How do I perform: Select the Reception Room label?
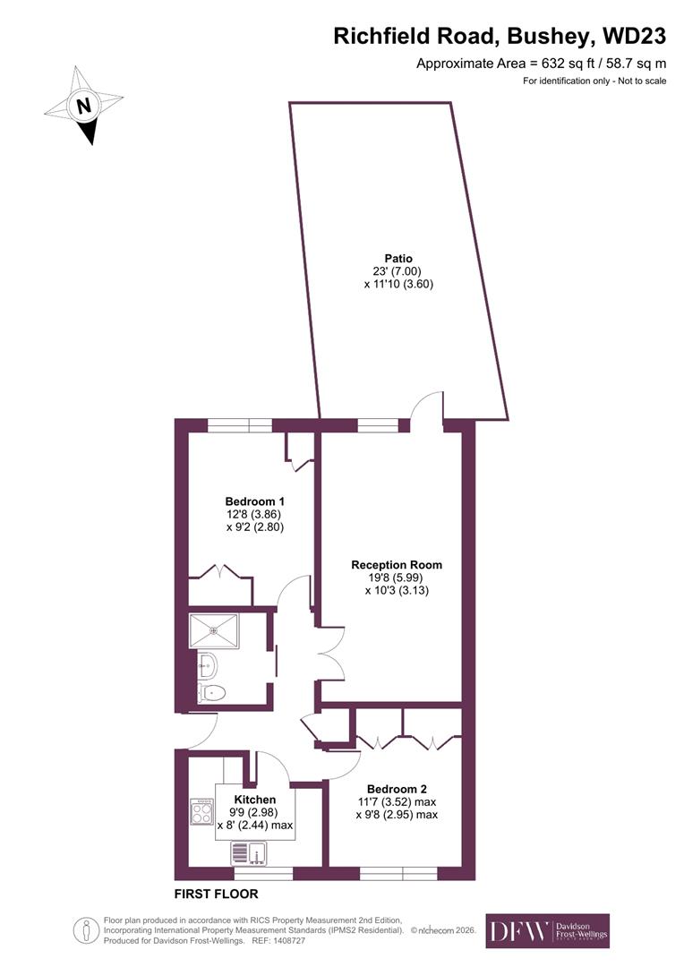coord(397,565)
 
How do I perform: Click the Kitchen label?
coord(255,800)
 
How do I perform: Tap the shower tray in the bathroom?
coord(214,629)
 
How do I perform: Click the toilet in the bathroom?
coord(213,692)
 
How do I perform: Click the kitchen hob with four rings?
coord(201,812)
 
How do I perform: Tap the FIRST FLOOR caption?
coord(216,894)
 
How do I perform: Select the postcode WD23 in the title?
coord(634,36)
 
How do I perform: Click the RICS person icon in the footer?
coord(87,931)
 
